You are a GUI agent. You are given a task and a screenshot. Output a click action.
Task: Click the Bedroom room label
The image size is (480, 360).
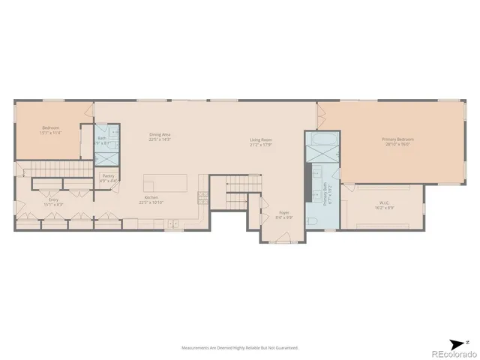point(51,130)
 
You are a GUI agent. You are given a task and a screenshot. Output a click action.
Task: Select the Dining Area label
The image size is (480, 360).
point(160,136)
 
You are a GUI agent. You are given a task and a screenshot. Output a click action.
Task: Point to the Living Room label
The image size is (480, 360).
point(261,142)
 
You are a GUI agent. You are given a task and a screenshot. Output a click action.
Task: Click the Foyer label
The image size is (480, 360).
point(284,214)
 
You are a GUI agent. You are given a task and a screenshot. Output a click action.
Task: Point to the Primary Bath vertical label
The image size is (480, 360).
point(325,193)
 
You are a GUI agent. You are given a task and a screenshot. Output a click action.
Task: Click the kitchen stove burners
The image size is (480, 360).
point(202,197)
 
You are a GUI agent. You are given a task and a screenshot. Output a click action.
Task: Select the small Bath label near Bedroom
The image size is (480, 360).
point(102,139)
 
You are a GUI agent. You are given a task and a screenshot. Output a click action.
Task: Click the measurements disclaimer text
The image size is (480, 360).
point(240,348)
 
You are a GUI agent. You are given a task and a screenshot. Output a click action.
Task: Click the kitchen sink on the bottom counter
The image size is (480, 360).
point(172,223)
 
